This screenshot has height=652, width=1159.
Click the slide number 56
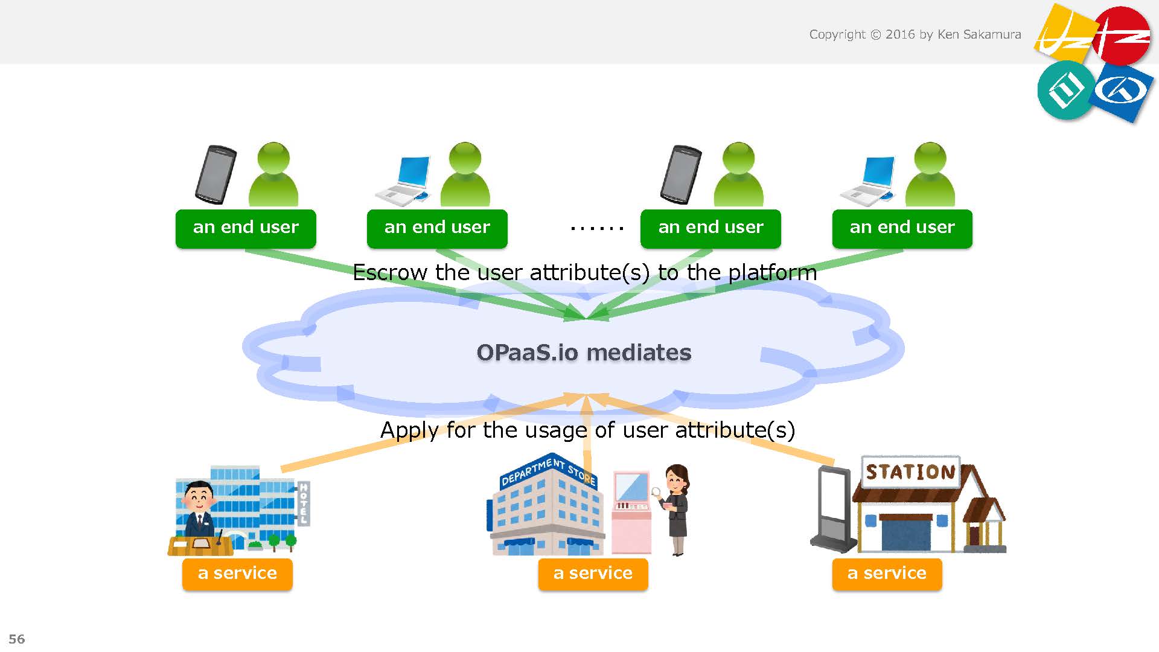[x=17, y=639]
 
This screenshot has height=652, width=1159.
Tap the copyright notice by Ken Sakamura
[x=915, y=34]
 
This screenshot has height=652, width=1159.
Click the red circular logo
[x=1121, y=35]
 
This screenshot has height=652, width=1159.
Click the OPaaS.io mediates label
[x=584, y=353]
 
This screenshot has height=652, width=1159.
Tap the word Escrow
[x=390, y=273]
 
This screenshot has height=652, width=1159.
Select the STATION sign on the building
[x=911, y=472]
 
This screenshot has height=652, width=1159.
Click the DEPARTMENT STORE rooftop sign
[x=548, y=471]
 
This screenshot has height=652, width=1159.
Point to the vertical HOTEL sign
[x=304, y=503]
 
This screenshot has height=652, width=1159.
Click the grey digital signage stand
[x=832, y=508]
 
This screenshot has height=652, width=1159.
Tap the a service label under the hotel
[x=237, y=574]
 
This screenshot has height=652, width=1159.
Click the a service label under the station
[x=887, y=574]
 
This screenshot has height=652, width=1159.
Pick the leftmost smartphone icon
[x=215, y=174]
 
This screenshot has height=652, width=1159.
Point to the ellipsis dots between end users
[x=596, y=229]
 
